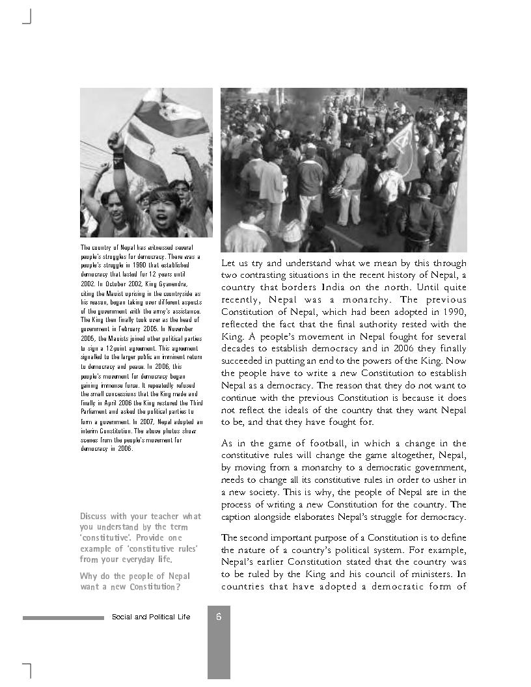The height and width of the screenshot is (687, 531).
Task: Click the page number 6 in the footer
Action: (x=219, y=617)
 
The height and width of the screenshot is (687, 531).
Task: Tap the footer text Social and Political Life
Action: (x=151, y=617)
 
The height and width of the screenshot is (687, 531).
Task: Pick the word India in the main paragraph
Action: (x=338, y=288)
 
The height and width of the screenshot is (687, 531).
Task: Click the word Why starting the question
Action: (x=88, y=576)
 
